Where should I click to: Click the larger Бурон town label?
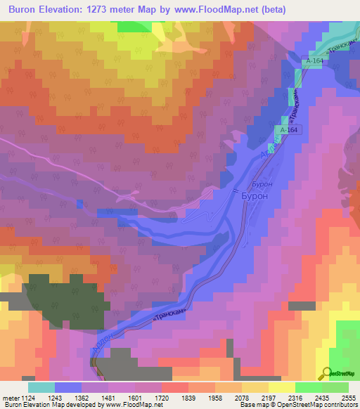[255, 197]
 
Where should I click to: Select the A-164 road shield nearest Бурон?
[289, 130]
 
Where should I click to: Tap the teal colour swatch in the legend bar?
[41, 387]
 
